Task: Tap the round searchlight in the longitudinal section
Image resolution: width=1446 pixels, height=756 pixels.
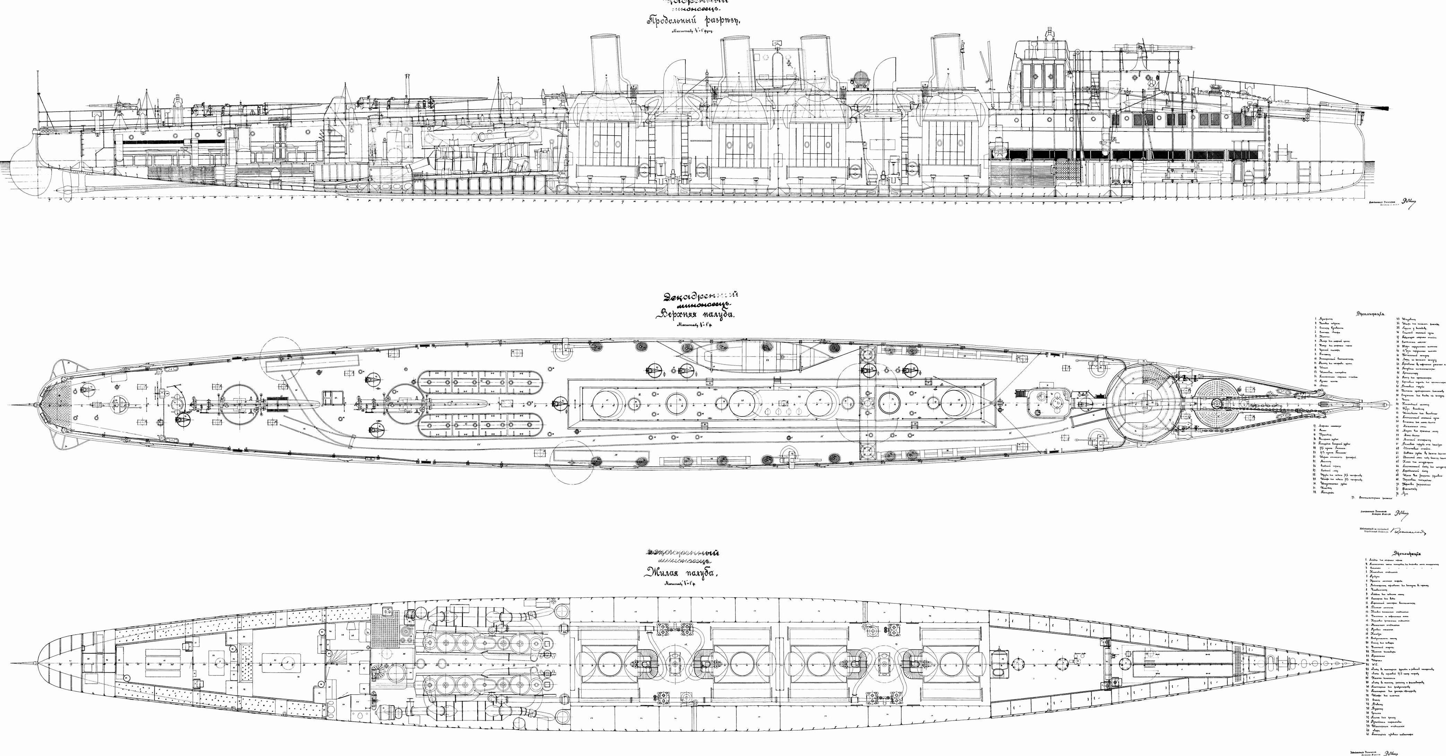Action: (x=859, y=79)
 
